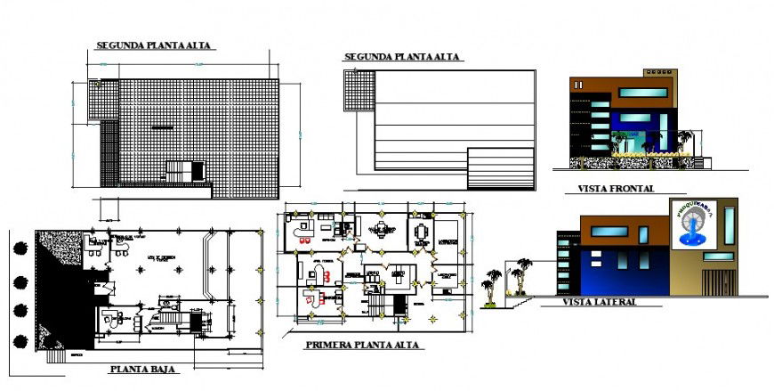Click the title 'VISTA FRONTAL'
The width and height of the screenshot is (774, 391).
616,189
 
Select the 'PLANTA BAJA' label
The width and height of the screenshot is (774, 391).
141,368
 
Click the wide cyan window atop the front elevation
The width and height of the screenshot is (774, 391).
644,92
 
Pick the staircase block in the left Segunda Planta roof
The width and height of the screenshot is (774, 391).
187,172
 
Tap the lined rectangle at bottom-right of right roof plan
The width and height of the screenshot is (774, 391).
500,168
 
